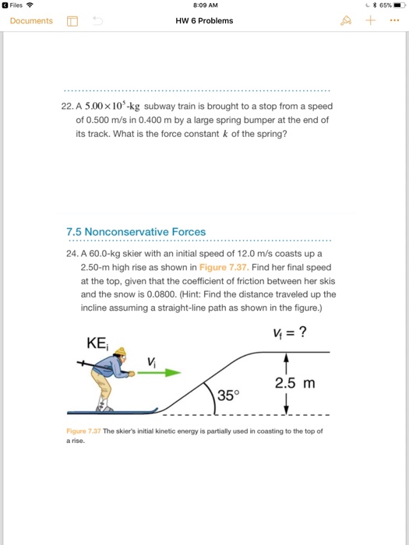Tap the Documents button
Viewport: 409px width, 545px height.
[x=31, y=21]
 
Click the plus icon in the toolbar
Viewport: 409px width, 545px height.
[x=370, y=20]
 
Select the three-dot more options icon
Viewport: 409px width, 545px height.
[x=394, y=20]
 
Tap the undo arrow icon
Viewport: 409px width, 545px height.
[x=97, y=21]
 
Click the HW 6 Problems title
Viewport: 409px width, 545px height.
[x=204, y=21]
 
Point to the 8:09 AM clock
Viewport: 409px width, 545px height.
[x=205, y=5]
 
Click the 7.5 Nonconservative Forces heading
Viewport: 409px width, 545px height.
[x=136, y=232]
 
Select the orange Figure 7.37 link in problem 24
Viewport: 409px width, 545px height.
[x=224, y=267]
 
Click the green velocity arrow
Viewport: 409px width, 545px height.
[x=159, y=373]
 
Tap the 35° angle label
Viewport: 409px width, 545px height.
[x=228, y=396]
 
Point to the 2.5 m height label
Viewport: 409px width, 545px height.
[x=295, y=383]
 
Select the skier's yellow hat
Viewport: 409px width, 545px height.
[x=120, y=351]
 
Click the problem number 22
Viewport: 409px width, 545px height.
[x=66, y=107]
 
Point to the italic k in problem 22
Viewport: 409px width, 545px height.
[x=225, y=134]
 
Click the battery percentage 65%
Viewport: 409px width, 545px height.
[x=386, y=5]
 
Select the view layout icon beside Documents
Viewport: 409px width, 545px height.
[x=72, y=21]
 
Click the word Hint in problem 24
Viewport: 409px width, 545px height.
[x=191, y=294]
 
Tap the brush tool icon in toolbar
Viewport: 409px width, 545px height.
[x=345, y=21]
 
